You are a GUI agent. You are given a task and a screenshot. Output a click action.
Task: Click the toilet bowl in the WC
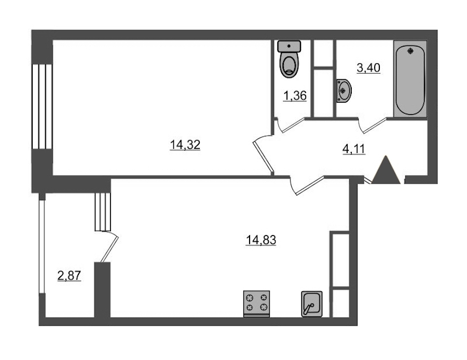click(x=289, y=65)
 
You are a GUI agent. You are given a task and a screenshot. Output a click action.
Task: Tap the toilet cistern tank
click(x=289, y=46)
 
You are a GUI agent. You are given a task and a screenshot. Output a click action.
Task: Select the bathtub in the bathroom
click(x=410, y=79)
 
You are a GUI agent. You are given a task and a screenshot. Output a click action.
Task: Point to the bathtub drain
click(x=411, y=51)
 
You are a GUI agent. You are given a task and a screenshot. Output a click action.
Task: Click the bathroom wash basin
click(x=344, y=91)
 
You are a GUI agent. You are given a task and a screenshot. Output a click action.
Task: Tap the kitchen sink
click(x=311, y=304)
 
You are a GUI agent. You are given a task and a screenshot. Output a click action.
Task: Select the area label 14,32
click(x=185, y=145)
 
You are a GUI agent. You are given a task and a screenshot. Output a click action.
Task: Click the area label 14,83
click(x=261, y=240)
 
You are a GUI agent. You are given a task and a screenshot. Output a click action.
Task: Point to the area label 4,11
click(x=353, y=148)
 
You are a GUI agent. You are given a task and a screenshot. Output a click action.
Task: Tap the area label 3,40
click(x=368, y=68)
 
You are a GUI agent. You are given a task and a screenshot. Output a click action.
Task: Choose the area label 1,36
click(x=295, y=96)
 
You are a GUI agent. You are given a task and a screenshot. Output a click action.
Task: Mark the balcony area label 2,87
click(x=69, y=275)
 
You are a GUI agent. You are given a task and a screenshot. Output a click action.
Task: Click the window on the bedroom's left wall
click(x=42, y=106)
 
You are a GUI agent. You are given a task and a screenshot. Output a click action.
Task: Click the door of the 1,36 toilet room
click(x=293, y=125)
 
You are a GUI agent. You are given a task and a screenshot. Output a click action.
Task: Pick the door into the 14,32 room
click(x=263, y=155)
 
